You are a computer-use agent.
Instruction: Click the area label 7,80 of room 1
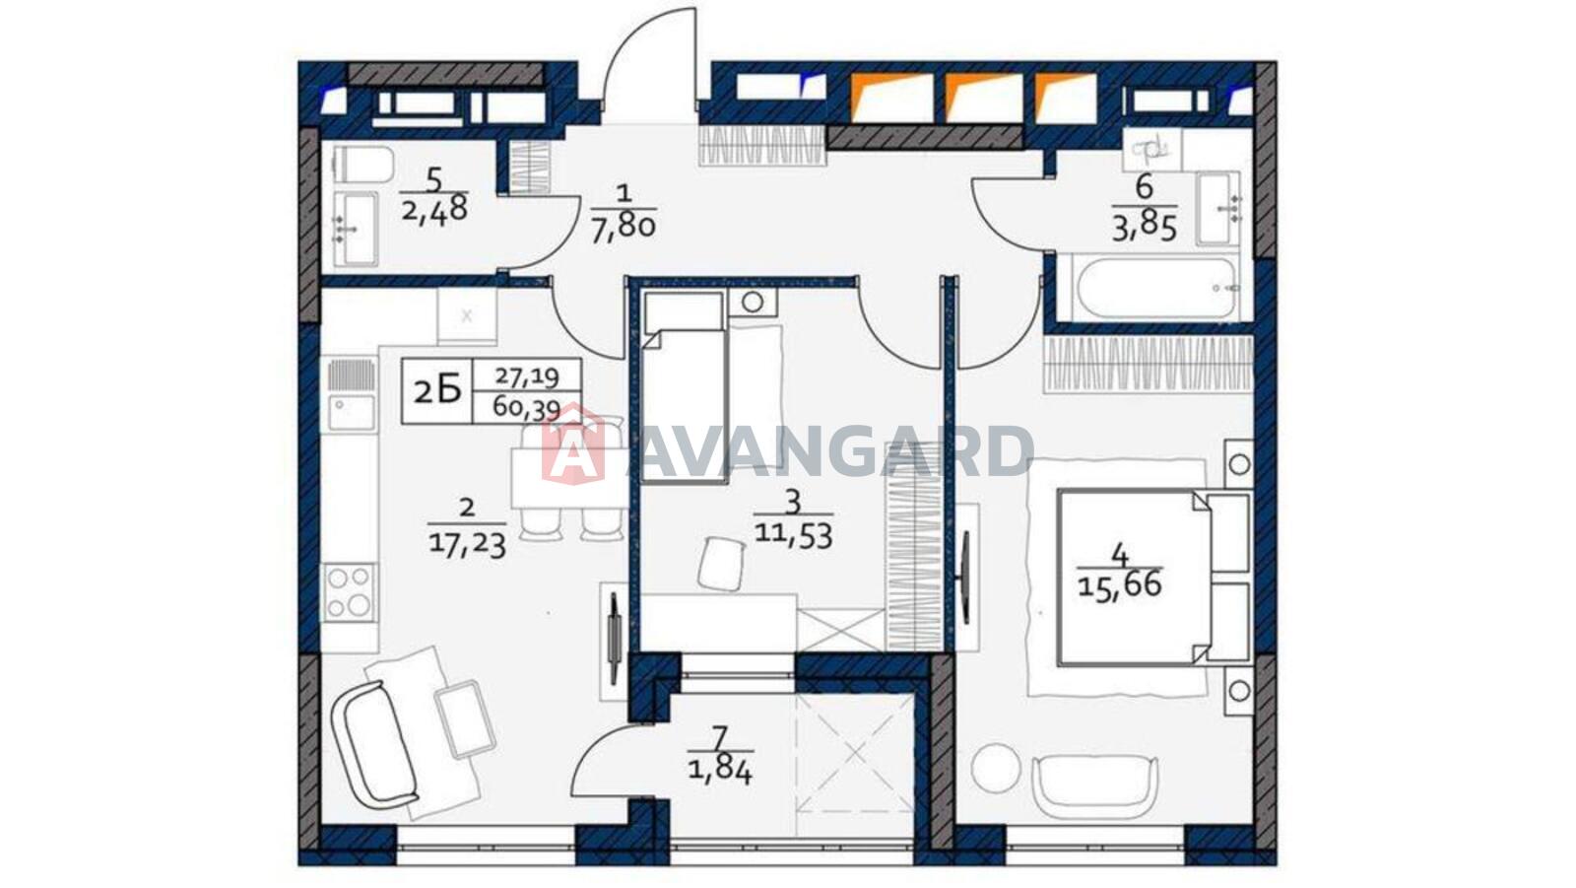click(624, 229)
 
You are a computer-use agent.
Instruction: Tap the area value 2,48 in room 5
click(434, 209)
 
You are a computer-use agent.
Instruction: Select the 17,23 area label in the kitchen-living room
click(467, 545)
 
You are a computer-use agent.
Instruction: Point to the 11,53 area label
click(794, 535)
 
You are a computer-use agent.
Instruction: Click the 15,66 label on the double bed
click(1119, 584)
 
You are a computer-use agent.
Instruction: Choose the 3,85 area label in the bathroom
click(1144, 229)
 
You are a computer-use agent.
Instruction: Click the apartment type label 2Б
click(437, 390)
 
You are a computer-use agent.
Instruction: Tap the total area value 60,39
click(526, 408)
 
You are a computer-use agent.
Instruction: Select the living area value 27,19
click(527, 376)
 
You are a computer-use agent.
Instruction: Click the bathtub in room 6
click(1157, 288)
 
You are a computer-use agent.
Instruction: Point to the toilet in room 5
click(363, 164)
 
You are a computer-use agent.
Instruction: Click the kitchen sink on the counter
click(351, 412)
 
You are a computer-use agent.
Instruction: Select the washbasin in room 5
click(356, 229)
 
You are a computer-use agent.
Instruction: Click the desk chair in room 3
click(722, 564)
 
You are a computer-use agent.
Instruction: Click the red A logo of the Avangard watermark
click(573, 445)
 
